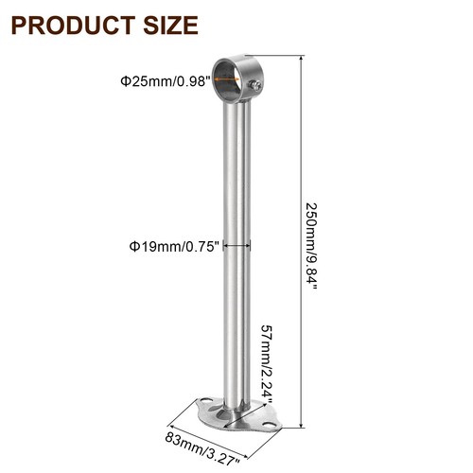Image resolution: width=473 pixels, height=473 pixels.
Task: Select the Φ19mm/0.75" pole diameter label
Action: tap(174, 246)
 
